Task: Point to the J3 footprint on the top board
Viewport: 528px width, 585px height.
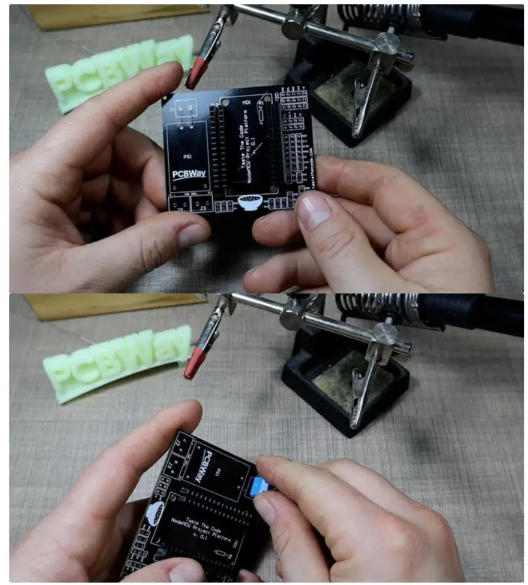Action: [x=202, y=206]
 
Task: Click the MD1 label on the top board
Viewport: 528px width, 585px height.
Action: [x=247, y=103]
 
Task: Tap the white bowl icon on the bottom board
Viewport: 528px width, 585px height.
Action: [x=156, y=513]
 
